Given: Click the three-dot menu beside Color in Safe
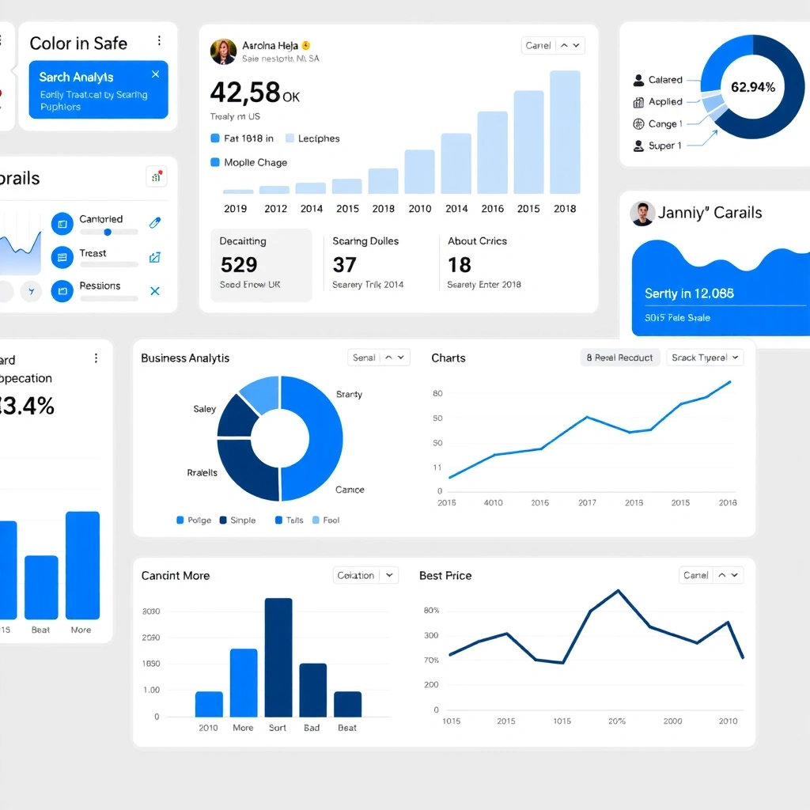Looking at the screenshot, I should (x=159, y=41).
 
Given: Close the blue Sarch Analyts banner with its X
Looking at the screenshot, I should (x=155, y=74).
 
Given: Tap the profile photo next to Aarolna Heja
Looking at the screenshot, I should (x=223, y=51).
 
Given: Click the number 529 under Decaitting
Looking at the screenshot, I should (x=239, y=264).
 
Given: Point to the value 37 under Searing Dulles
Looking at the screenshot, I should (x=344, y=264).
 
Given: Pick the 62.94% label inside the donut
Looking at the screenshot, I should (x=752, y=87).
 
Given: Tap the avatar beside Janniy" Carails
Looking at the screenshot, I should (x=642, y=214).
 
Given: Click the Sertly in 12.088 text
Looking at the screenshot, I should (x=689, y=293).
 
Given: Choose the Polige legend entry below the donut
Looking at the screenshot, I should (x=194, y=520).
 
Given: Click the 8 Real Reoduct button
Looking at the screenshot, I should (x=619, y=358).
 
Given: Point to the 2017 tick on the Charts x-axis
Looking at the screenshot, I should (x=587, y=502).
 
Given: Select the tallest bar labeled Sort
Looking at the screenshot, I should (x=278, y=657).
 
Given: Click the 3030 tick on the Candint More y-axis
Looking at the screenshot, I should (x=150, y=611).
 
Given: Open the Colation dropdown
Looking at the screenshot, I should (x=365, y=575).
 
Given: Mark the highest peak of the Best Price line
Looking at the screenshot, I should (x=618, y=590).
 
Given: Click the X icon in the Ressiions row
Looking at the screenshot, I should (x=155, y=291).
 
